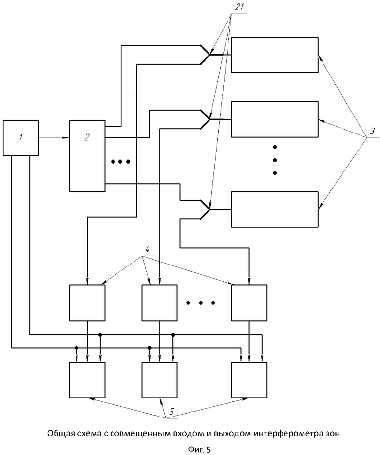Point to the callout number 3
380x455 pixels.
click(372, 131)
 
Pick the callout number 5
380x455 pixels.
click(172, 411)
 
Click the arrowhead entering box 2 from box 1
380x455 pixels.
click(66, 138)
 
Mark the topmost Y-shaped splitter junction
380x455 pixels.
click(209, 55)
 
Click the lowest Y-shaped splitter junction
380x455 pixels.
click(209, 209)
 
